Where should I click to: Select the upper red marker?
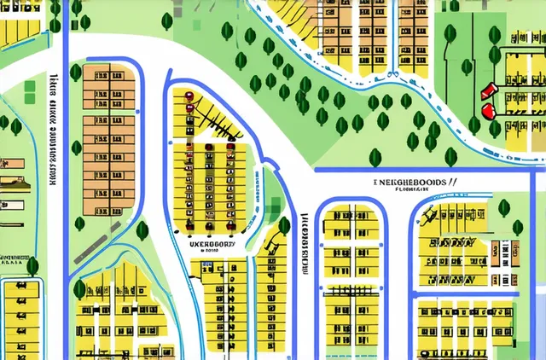coord(488,90)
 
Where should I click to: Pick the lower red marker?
coord(488,111)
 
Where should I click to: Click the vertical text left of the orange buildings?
coord(52,128)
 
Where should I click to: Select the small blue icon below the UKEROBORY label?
coord(206,265)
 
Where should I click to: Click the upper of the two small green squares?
coord(31,86)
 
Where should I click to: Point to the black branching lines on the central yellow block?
coord(213,115)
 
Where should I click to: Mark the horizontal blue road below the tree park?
coord(427,170)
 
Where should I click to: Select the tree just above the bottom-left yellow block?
coord(32,266)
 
